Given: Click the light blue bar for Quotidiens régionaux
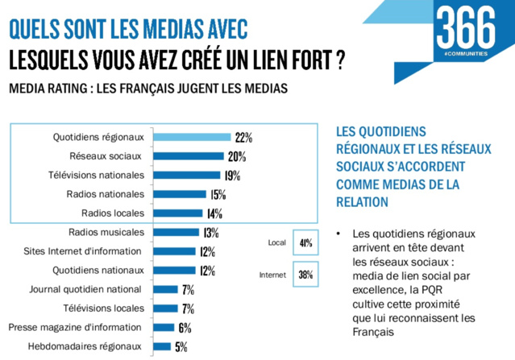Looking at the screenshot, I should tap(189, 137).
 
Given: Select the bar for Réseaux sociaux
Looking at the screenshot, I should tap(187, 156).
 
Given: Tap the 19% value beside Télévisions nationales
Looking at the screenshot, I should tap(231, 175).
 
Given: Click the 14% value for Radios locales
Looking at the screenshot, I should tap(214, 213).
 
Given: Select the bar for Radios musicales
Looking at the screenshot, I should tap(175, 232).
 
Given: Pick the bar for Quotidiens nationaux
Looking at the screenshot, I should tap(173, 270).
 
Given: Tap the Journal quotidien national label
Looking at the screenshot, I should tap(85, 288).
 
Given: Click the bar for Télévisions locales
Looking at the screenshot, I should tap(164, 308).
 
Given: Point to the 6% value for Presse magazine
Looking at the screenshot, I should tap(185, 327).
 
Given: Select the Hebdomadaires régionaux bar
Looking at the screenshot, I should tap(161, 346).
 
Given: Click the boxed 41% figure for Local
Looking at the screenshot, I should tap(306, 242).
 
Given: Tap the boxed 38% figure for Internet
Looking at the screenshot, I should tap(306, 275).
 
